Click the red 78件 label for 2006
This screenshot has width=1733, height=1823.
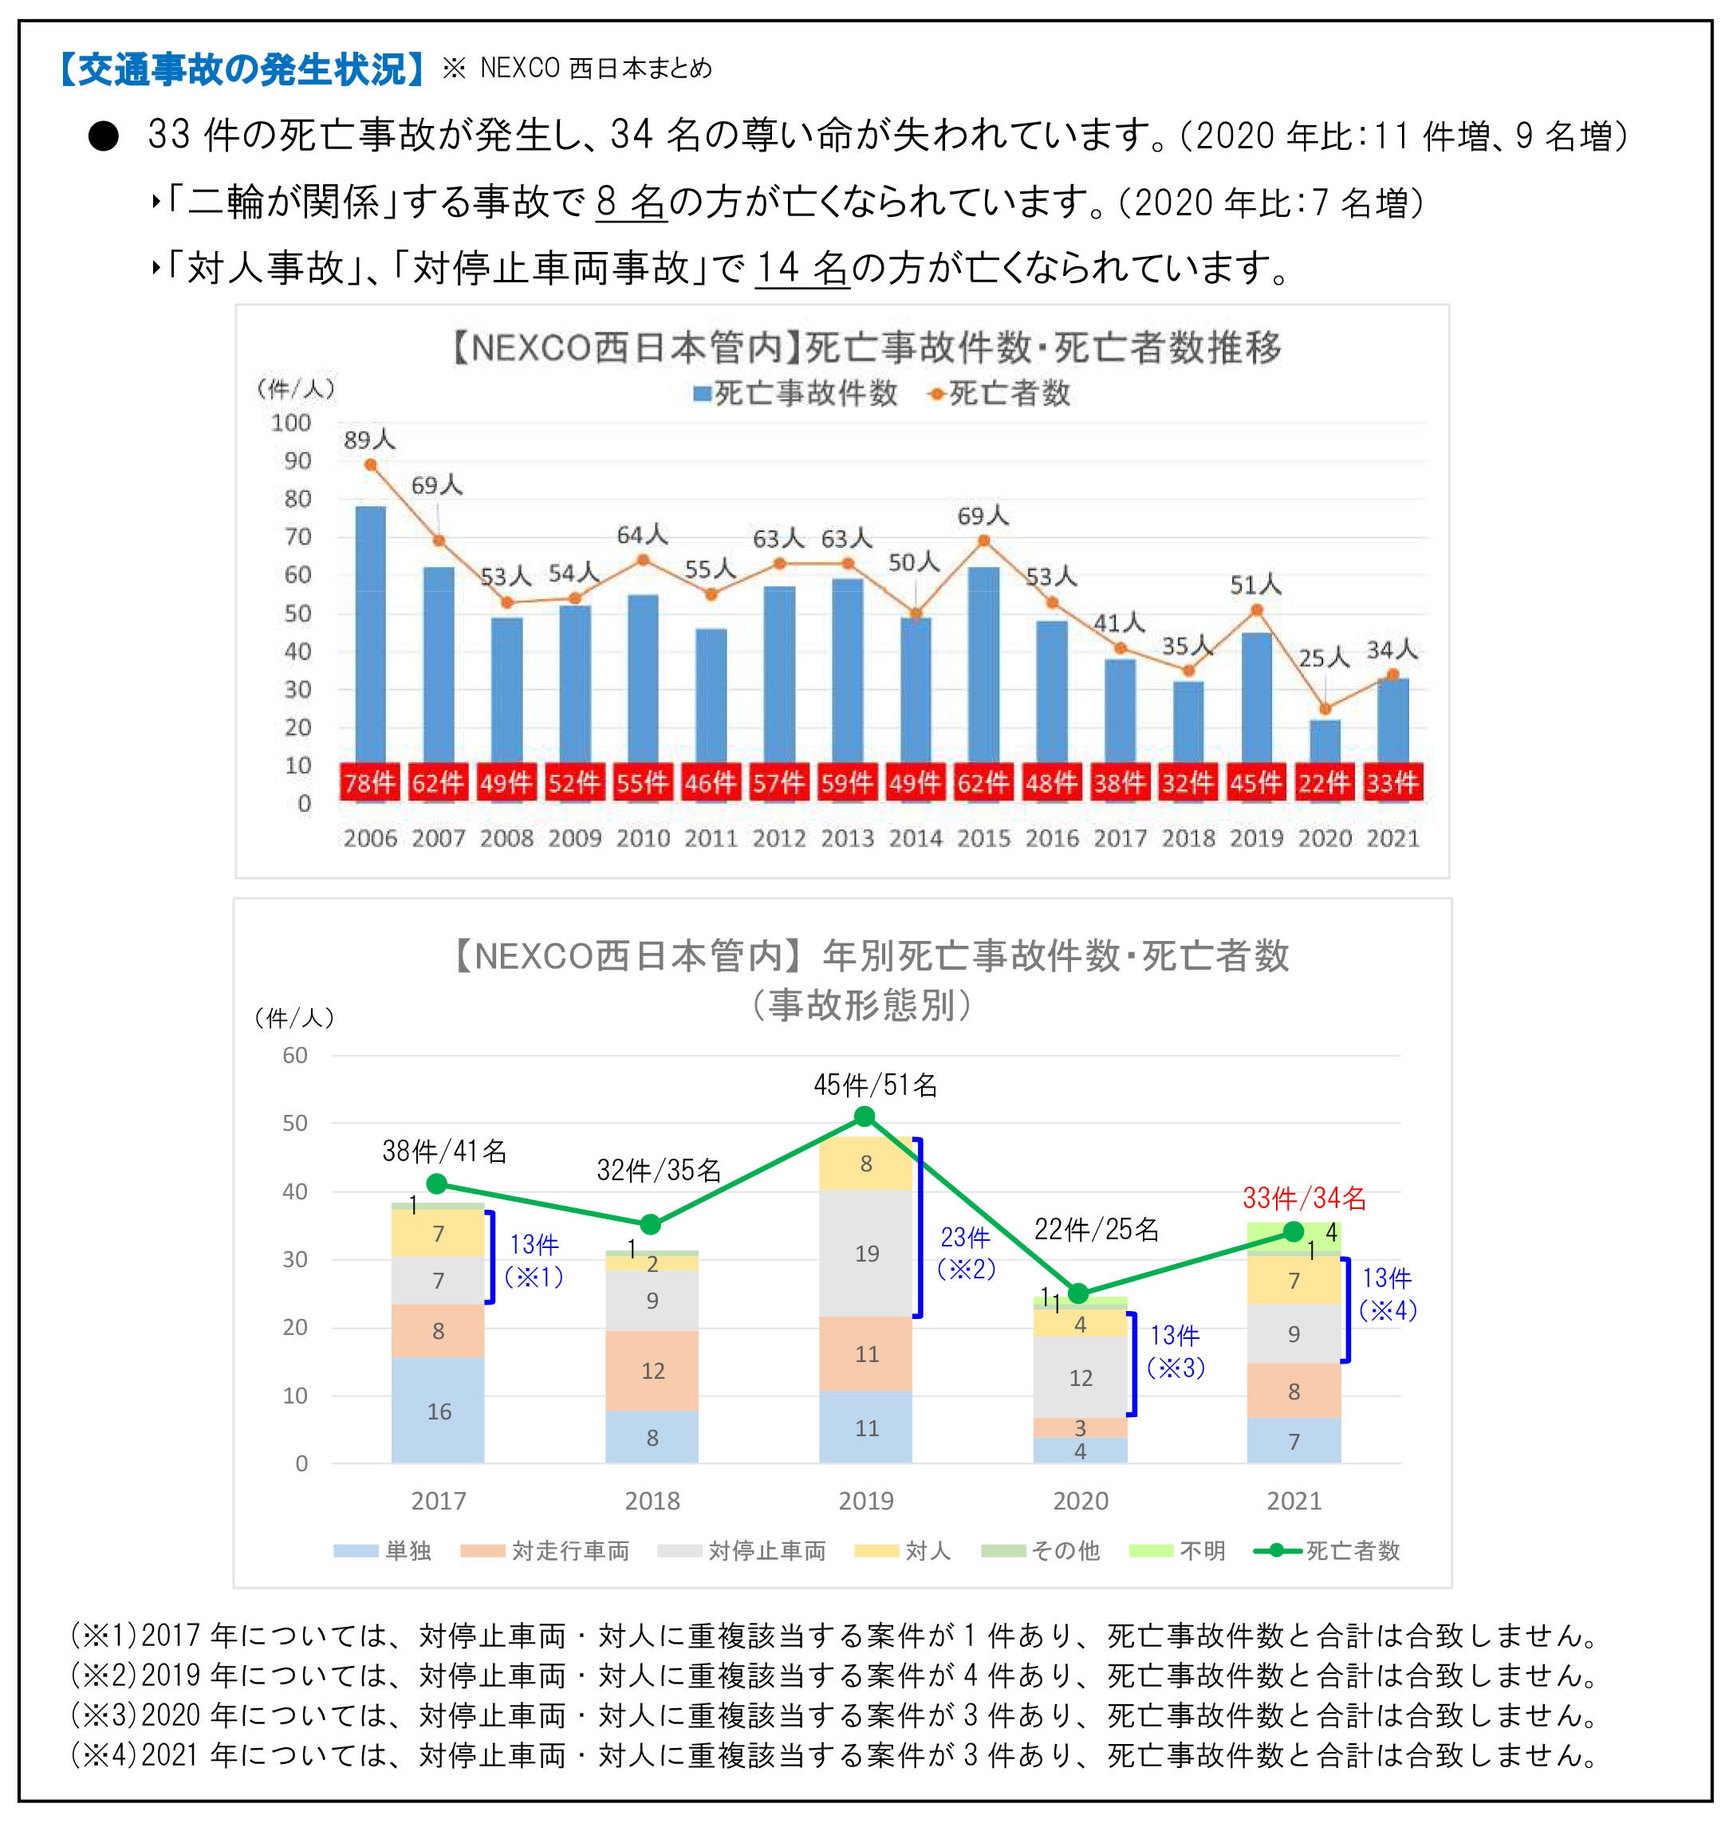(x=369, y=782)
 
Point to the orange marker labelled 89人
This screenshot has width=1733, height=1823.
(x=370, y=465)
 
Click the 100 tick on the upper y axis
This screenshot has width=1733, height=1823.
(x=291, y=423)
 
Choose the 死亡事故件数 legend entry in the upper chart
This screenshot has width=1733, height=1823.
(x=795, y=393)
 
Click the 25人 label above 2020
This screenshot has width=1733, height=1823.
(x=1324, y=659)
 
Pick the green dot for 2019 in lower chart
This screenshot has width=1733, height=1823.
(x=865, y=1116)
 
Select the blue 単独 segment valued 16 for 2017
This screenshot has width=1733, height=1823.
(x=438, y=1409)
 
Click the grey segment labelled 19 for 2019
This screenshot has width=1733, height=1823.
(x=865, y=1253)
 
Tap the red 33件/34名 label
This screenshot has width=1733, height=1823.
(x=1303, y=1198)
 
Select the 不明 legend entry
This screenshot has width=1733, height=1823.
(x=1177, y=1550)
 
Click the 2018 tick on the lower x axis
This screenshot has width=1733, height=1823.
(x=652, y=1501)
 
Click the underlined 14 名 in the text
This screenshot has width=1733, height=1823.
(x=802, y=269)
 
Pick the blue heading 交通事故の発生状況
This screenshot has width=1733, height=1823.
(x=241, y=69)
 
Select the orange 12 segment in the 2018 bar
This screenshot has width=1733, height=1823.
(x=652, y=1371)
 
